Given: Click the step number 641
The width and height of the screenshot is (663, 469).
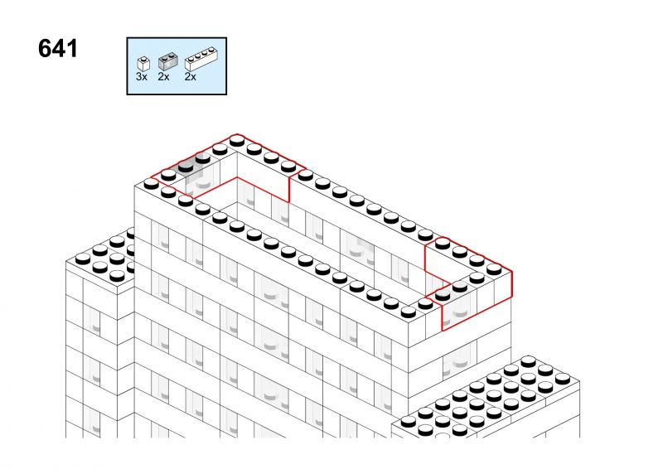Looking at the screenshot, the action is [58, 49].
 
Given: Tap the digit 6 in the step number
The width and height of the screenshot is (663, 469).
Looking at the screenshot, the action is [45, 49].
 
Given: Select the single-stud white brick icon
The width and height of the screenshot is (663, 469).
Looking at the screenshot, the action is [143, 64].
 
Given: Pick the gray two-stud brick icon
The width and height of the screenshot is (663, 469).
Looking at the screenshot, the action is [167, 61].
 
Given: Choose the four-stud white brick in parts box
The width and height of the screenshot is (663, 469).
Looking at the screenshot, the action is [201, 59].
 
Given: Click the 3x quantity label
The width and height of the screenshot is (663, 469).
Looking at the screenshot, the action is [142, 77].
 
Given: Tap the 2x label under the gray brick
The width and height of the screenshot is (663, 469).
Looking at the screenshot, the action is [163, 77].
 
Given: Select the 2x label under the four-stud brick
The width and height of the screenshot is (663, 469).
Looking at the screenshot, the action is [191, 77].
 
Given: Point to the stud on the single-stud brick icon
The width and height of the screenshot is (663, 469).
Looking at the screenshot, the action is [144, 59].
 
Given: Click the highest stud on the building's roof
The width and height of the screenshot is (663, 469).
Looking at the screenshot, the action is [237, 140].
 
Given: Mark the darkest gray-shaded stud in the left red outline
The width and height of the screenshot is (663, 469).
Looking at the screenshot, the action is [186, 167].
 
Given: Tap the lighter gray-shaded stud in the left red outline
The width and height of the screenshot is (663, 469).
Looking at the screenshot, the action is [203, 157].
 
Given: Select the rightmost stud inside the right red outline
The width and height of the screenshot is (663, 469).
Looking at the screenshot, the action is [494, 269].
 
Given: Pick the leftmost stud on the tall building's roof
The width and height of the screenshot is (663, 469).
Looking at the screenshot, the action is [151, 184].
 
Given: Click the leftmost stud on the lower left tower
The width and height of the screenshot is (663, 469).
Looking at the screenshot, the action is [82, 259].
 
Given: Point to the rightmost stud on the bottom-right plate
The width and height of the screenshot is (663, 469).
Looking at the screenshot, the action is [563, 379].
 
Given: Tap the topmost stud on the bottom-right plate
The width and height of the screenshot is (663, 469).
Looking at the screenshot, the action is [528, 361].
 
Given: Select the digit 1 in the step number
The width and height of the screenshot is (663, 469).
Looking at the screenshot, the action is [72, 49].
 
